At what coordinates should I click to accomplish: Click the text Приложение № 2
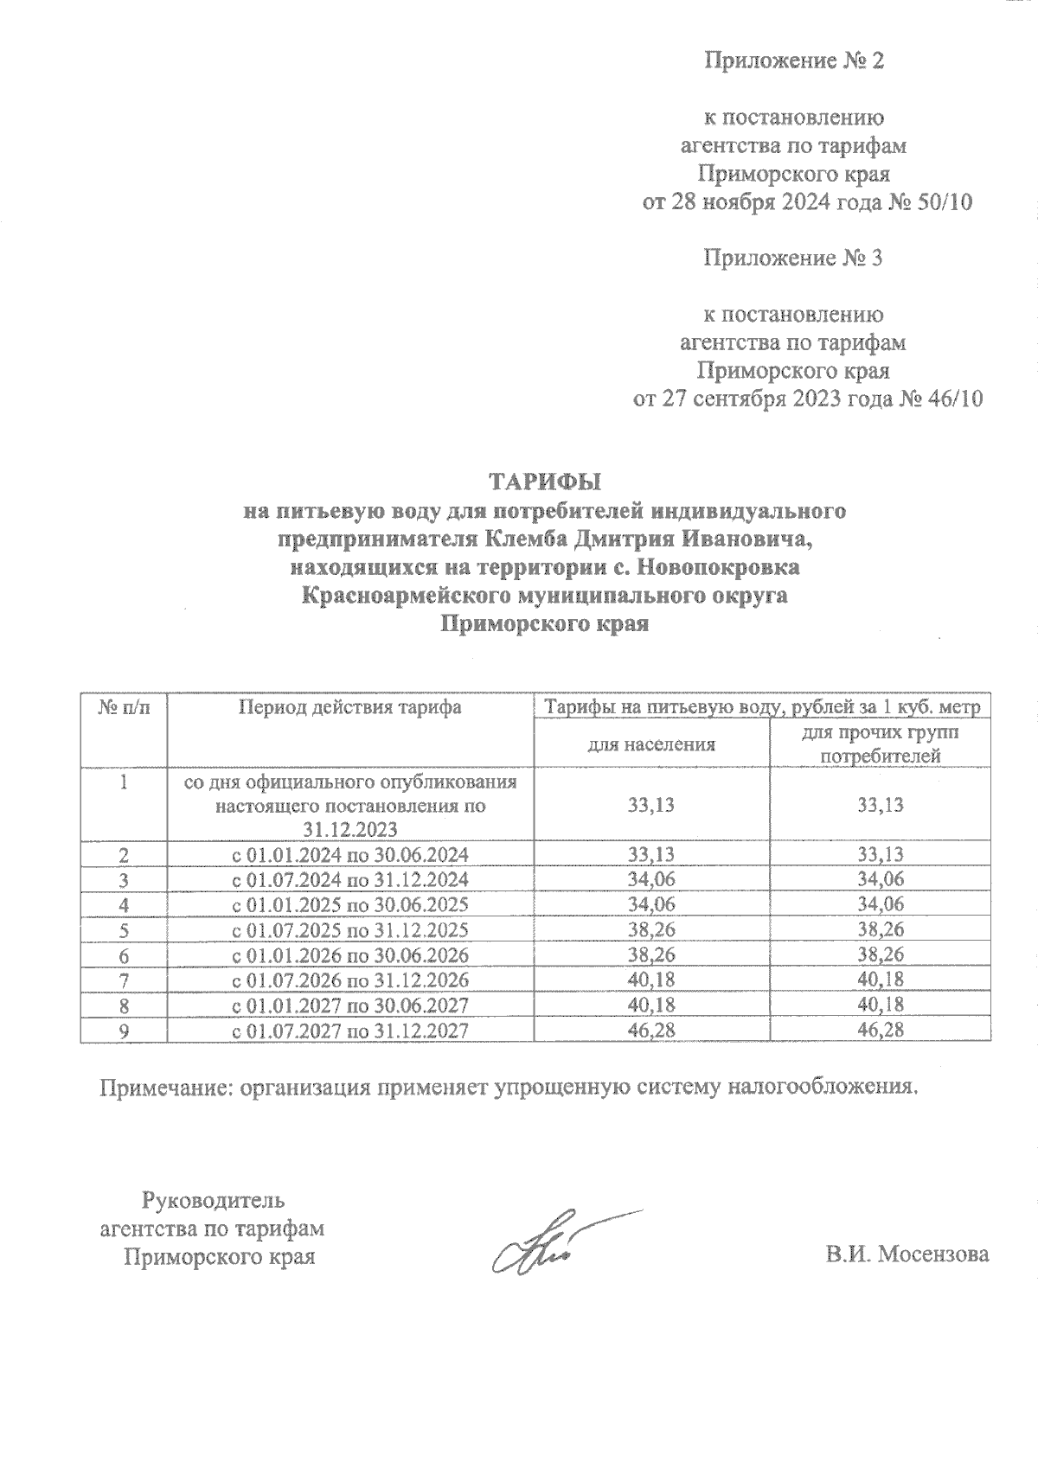pyautogui.click(x=793, y=61)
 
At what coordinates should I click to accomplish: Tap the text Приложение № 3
pyautogui.click(x=793, y=258)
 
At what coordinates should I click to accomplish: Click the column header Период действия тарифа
pyautogui.click(x=349, y=707)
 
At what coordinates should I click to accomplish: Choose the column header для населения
pyautogui.click(x=651, y=744)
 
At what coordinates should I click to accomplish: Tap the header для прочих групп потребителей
pyautogui.click(x=880, y=744)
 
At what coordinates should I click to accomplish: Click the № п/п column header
pyautogui.click(x=123, y=707)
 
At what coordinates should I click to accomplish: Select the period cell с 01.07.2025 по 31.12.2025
pyautogui.click(x=349, y=930)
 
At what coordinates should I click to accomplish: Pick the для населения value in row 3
pyautogui.click(x=651, y=880)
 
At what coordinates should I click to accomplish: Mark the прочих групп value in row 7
pyautogui.click(x=880, y=980)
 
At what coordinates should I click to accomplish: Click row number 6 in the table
pyautogui.click(x=124, y=955)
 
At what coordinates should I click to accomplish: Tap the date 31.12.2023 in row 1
pyautogui.click(x=349, y=830)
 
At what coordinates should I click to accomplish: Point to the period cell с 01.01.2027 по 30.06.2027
pyautogui.click(x=349, y=1005)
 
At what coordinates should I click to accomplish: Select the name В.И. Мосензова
pyautogui.click(x=907, y=1254)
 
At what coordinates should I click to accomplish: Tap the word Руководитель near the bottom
pyautogui.click(x=212, y=1200)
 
